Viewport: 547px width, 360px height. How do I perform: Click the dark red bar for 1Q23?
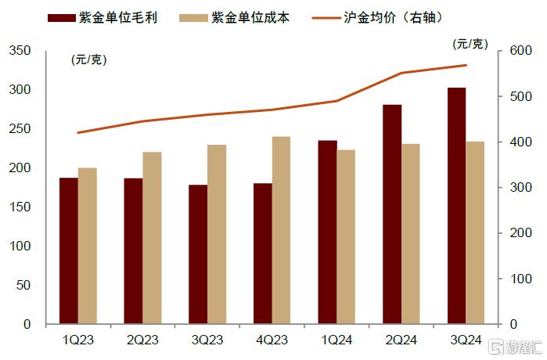pos(69,250)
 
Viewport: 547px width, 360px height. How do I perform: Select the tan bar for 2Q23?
pos(152,238)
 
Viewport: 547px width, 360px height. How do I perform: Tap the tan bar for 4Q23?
pos(281,230)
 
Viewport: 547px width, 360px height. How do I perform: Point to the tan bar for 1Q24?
pos(346,236)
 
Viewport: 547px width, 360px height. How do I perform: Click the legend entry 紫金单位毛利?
pos(117,17)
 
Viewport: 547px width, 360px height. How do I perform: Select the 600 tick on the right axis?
pos(520,51)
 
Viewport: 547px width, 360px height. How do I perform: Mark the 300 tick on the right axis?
pos(520,188)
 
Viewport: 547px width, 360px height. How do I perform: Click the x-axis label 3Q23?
pos(207,340)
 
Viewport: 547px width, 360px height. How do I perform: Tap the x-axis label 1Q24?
pos(336,340)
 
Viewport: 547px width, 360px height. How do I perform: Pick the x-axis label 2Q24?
pos(401,340)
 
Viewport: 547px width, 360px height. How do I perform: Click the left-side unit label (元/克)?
pos(89,59)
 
